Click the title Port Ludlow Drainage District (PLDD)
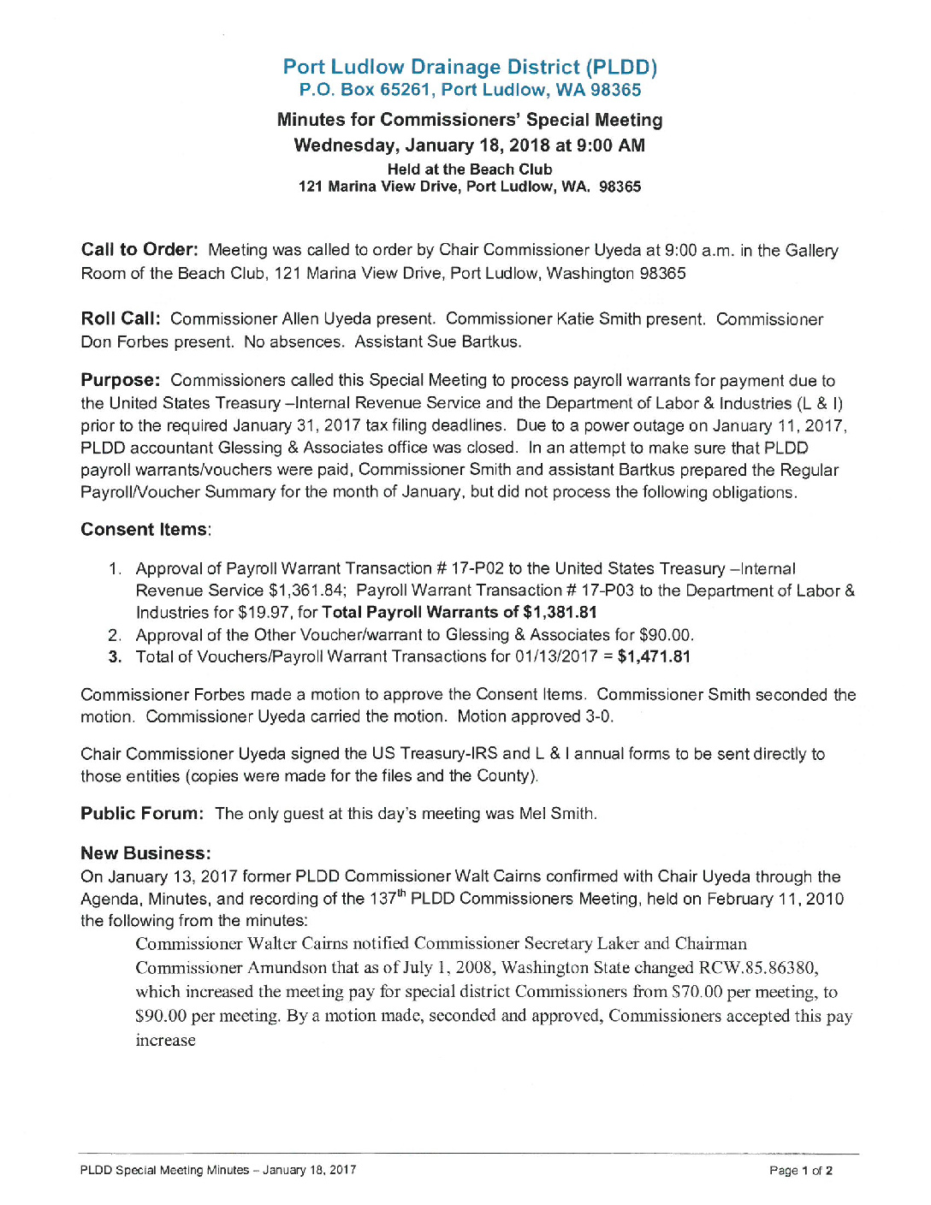[470, 67]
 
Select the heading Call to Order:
[139, 250]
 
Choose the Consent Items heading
[145, 530]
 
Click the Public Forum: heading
[142, 814]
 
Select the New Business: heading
[145, 853]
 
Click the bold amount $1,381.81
[560, 613]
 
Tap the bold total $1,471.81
[654, 657]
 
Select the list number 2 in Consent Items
[114, 635]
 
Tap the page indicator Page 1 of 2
[801, 1171]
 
